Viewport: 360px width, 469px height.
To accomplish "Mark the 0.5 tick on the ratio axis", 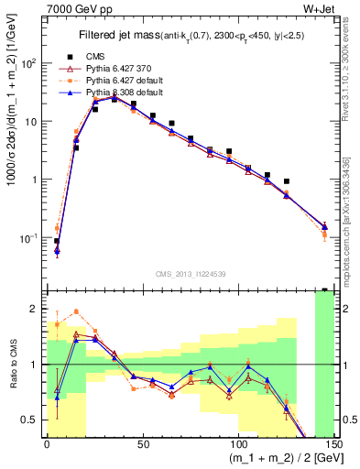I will point(32,420).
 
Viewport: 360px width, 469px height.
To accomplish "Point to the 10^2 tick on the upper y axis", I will point(30,63).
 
